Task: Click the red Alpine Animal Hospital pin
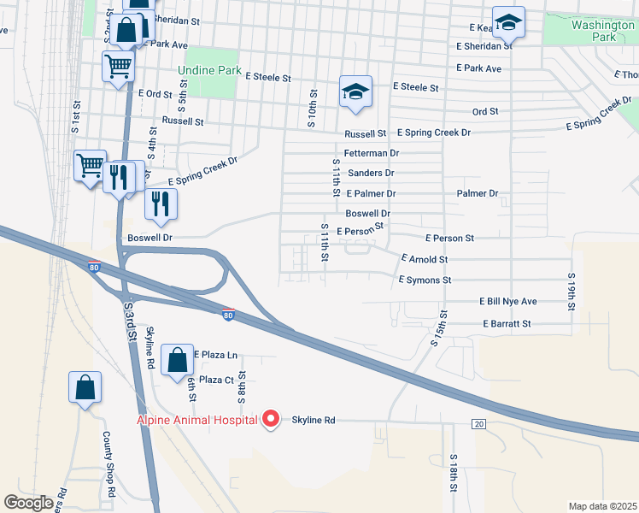[272, 419]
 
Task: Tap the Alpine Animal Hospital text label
[197, 420]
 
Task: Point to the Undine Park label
[209, 70]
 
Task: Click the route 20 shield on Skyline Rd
[478, 424]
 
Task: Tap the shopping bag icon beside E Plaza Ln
[177, 360]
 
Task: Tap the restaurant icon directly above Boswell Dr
[160, 203]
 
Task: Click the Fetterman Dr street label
[372, 153]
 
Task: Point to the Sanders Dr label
[371, 174]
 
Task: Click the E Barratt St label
[507, 324]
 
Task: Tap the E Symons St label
[425, 280]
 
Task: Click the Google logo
[28, 503]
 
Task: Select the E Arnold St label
[425, 258]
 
